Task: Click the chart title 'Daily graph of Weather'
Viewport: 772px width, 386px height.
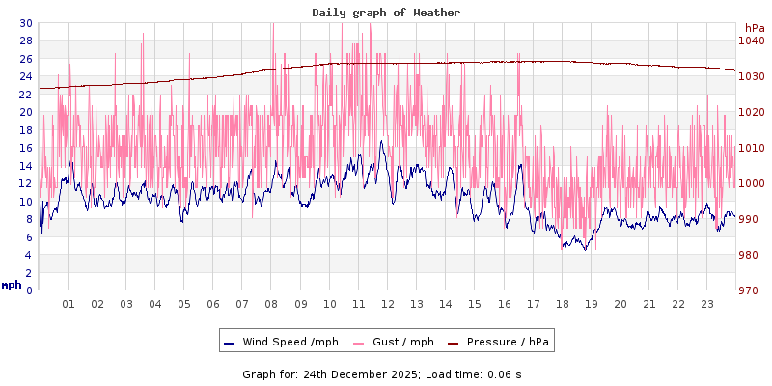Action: pos(386,13)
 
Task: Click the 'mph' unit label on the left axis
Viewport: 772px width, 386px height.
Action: pos(12,285)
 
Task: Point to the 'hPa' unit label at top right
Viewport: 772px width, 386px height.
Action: pos(754,28)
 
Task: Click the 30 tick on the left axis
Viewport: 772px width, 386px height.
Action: pos(25,23)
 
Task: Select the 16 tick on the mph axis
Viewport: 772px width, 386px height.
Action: pos(25,148)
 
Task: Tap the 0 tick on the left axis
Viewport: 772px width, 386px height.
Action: pos(28,289)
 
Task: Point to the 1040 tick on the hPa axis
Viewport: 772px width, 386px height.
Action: pos(751,41)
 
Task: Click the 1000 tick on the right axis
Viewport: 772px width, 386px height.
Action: pos(751,183)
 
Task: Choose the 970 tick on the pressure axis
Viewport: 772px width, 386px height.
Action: pos(751,289)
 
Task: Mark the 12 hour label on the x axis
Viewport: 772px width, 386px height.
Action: pos(387,303)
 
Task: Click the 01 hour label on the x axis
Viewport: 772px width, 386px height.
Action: pos(69,303)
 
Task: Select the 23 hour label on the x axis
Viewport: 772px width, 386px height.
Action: pos(706,303)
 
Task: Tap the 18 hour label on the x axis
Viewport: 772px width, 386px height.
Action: pos(562,303)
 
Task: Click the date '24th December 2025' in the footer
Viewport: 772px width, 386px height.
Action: pos(361,373)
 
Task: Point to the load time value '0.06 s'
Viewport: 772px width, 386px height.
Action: pos(505,373)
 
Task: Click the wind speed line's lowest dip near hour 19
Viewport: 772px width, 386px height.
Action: pos(584,250)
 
